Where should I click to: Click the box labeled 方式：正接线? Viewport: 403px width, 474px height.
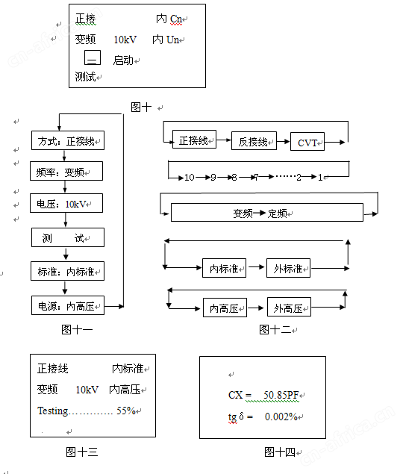point(68,140)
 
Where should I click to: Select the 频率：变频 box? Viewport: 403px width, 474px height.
point(66,171)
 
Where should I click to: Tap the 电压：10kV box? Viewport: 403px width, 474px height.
point(66,203)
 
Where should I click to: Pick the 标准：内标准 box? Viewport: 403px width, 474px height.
point(67,271)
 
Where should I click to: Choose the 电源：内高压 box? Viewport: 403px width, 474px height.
point(68,305)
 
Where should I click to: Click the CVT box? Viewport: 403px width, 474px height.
point(307,142)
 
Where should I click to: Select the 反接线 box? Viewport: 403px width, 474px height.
point(254,140)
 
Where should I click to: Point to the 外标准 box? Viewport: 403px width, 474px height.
point(288,268)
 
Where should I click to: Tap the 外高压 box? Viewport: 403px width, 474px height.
point(289,307)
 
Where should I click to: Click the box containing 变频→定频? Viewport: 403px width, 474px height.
point(267,213)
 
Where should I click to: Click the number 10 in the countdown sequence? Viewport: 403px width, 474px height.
point(190,177)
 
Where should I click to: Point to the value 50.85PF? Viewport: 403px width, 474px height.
point(281,395)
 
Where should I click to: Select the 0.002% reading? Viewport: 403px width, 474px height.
point(281,417)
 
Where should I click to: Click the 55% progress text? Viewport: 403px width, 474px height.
point(126,411)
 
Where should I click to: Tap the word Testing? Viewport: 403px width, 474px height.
point(53,411)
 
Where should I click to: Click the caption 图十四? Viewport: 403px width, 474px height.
point(280,452)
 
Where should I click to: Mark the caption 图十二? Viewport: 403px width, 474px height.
point(275,329)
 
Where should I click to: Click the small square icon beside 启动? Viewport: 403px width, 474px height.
point(93,57)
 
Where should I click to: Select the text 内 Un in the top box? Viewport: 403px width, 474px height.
point(166,40)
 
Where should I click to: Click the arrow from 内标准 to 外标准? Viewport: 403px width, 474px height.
point(257,267)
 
